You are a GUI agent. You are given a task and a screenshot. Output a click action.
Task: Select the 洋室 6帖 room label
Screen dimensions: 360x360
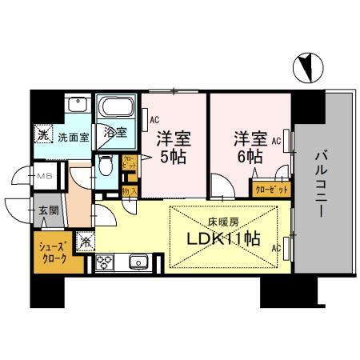(x=247, y=146)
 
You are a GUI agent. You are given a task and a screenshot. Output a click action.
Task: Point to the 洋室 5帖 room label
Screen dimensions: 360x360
(x=172, y=146)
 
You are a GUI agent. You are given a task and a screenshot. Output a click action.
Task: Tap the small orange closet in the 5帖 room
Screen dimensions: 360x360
(x=130, y=168)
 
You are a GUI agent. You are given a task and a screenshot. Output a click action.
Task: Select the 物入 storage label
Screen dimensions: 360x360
(x=130, y=191)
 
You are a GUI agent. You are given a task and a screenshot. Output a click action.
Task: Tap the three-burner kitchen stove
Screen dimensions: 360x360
(x=106, y=261)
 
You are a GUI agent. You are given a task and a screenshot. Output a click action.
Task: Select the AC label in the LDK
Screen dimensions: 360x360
(x=275, y=249)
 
